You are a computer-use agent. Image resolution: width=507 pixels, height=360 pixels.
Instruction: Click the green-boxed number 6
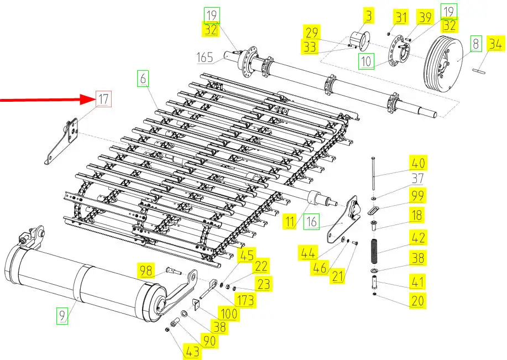(143, 80)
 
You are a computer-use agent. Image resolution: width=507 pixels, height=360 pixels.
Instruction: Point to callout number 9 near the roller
(62, 316)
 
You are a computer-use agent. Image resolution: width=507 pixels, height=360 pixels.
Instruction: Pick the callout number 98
(145, 270)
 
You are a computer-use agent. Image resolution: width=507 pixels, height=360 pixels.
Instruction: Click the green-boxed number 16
(312, 222)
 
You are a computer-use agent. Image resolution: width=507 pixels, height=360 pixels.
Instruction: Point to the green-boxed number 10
(365, 60)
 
